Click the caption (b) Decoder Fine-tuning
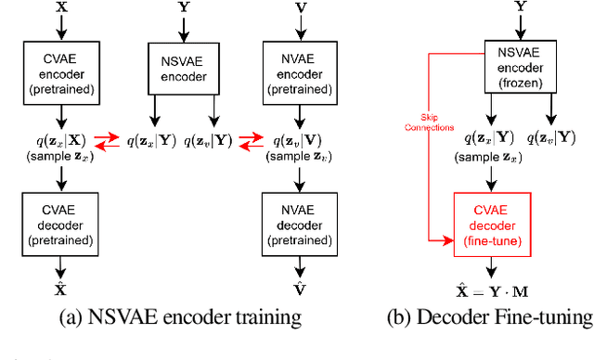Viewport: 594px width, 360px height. click(x=489, y=317)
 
